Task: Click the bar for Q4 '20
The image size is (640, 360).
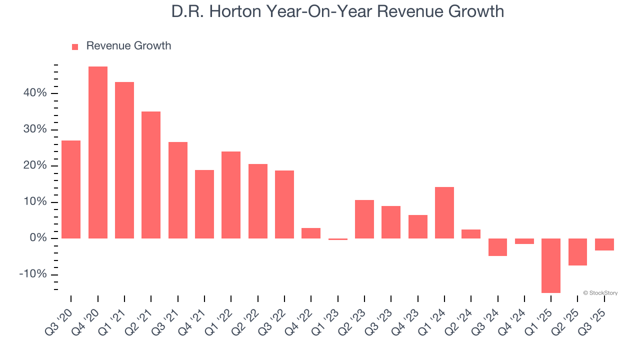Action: pos(98,152)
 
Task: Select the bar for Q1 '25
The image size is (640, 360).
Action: pos(551,265)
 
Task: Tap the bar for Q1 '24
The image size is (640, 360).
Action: pos(444,212)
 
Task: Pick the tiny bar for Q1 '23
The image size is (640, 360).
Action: pos(338,239)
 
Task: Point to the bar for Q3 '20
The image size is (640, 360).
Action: pos(71,189)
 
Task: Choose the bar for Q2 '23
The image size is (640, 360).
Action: pos(364,219)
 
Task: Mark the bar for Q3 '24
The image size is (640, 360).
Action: pos(498,247)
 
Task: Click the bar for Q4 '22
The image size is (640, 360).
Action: pos(311,233)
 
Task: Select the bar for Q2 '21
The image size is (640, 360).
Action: pos(151,175)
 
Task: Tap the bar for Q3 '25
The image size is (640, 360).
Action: pos(604,244)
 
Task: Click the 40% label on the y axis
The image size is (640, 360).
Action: pos(34,93)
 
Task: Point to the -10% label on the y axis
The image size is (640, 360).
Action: pos(32,274)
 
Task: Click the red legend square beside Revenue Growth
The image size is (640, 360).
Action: pos(75,47)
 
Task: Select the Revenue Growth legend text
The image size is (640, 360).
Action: pos(128,46)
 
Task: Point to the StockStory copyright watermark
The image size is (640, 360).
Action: pos(600,293)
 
